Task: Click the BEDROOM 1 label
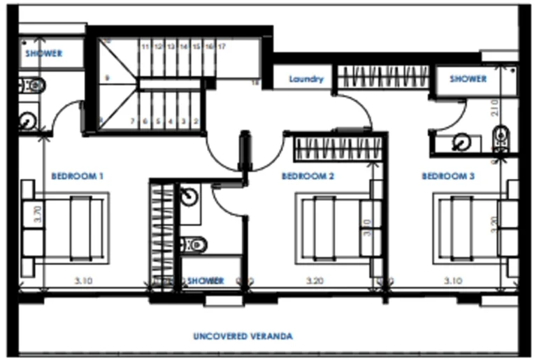point(77,176)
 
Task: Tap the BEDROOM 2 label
point(308,176)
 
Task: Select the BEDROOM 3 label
point(448,176)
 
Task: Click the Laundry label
point(306,79)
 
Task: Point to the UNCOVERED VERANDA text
point(243,336)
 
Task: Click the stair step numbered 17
point(221,46)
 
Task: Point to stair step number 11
point(145,46)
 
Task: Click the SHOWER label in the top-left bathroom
point(43,53)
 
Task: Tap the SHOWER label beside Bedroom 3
point(468,79)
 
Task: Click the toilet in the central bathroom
point(195,244)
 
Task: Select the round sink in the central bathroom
point(187,195)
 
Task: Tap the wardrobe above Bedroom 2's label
point(338,148)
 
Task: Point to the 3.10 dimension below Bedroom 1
point(85,281)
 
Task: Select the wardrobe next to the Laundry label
point(383,76)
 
